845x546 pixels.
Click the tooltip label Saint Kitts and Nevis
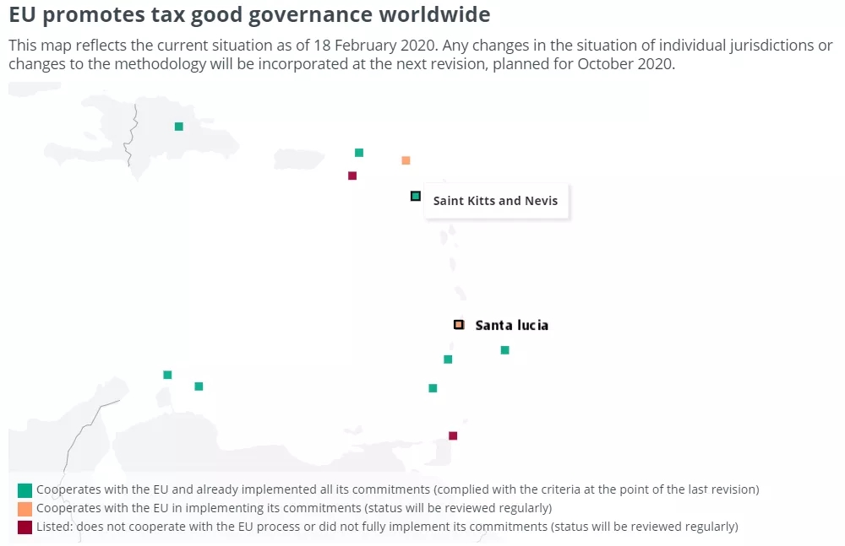coord(495,201)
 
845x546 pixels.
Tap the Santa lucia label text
coord(511,325)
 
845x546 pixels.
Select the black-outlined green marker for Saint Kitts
coord(415,196)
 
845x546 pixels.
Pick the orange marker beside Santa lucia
coord(459,324)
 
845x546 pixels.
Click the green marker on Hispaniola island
coord(178,127)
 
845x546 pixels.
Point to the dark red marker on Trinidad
coord(453,435)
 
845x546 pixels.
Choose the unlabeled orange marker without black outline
coord(406,160)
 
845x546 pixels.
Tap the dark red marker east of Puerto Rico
coord(352,176)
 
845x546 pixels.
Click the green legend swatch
coord(25,489)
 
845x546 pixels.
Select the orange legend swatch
coord(25,508)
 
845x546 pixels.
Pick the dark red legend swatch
coord(25,527)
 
